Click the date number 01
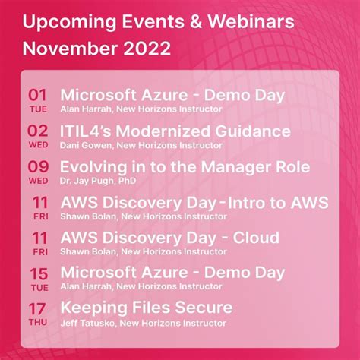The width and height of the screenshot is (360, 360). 37,95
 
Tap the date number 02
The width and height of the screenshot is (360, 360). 37,130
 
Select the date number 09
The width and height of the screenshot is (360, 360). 37,166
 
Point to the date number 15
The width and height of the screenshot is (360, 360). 37,271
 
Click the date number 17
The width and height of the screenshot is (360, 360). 37,307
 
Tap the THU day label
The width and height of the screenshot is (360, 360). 38,321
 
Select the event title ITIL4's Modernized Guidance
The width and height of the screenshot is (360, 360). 175,131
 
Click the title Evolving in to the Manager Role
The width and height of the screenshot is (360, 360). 185,166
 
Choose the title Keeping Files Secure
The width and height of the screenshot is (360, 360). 146,308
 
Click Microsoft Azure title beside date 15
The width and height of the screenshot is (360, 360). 172,272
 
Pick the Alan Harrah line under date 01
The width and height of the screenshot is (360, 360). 141,109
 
